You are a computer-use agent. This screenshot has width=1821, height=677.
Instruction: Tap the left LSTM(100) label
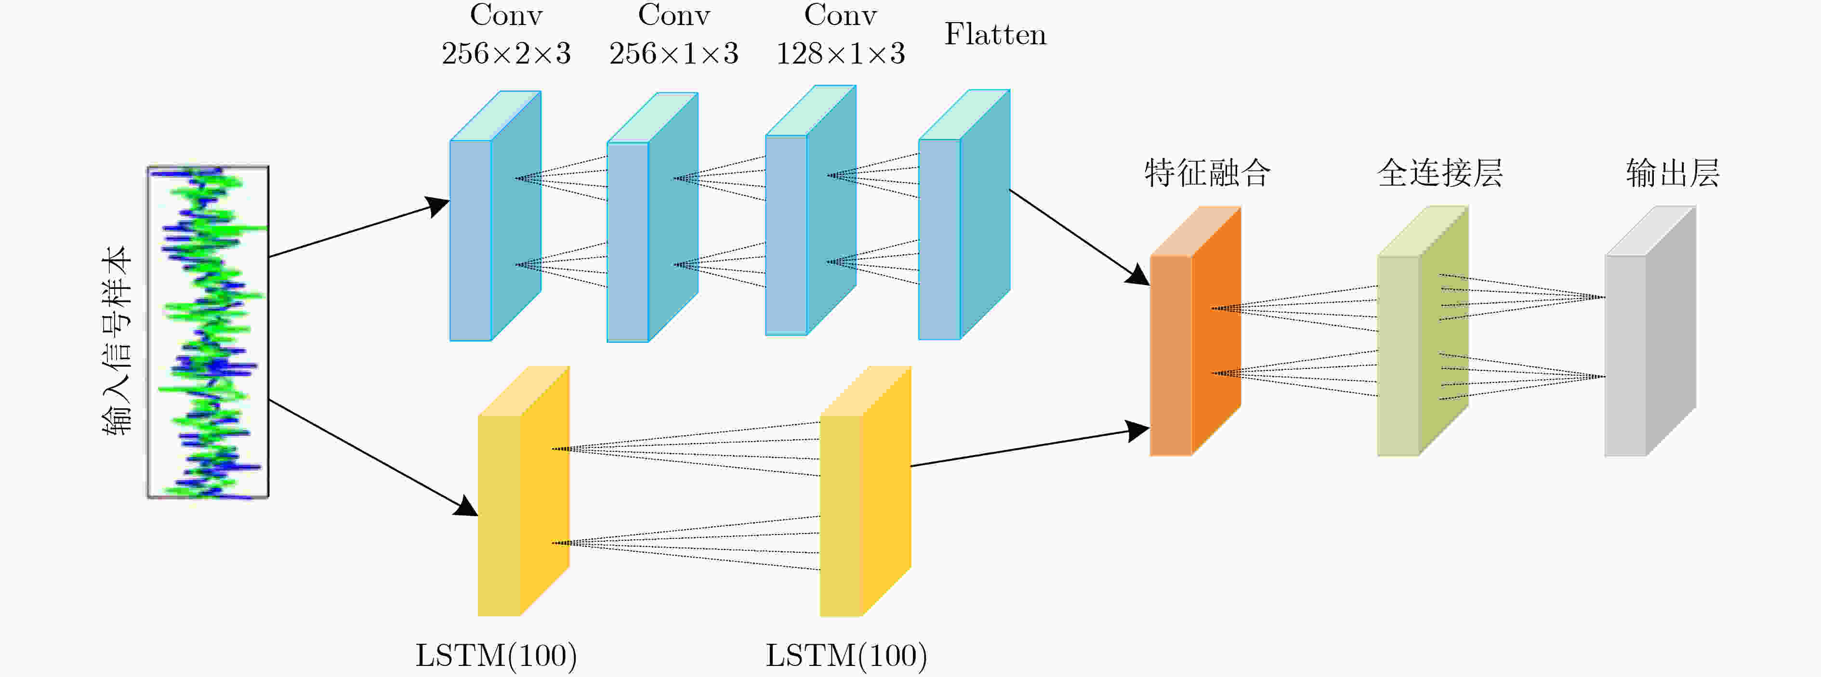[496, 656]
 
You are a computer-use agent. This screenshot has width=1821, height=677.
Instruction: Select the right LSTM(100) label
[846, 656]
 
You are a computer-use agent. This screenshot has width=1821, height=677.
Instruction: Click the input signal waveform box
[208, 332]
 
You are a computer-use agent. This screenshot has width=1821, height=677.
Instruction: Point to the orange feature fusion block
[1195, 331]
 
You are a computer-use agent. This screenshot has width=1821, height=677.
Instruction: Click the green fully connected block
[1423, 331]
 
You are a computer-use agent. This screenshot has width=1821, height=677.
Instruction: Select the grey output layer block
[1650, 331]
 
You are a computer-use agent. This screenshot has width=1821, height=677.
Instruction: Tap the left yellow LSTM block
[524, 491]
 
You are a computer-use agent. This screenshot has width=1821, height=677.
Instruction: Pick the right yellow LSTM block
[865, 491]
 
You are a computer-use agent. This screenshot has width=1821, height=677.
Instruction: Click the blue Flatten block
[964, 215]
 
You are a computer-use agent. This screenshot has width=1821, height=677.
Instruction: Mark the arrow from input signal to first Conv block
[359, 229]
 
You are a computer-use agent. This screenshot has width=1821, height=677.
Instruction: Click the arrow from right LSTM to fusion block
[1030, 447]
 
